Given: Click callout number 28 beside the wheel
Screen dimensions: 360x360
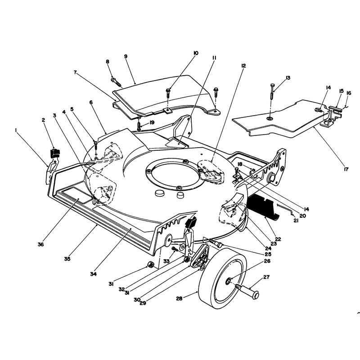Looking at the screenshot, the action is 179,299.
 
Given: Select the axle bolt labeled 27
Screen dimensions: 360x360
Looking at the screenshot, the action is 247,290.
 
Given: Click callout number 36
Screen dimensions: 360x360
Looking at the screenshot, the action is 40,244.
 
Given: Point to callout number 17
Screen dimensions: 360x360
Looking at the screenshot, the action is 346,169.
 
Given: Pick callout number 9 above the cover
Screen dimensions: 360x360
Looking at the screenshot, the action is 126,57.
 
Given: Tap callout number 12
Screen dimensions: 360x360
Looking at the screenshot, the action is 243,66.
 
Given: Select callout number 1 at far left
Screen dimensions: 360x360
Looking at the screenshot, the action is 16,130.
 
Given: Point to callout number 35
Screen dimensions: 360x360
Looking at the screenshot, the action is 67,259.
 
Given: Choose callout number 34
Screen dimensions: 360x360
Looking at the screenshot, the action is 94,274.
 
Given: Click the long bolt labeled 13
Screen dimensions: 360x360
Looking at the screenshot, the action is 272,91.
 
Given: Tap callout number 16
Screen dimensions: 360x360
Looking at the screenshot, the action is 349,93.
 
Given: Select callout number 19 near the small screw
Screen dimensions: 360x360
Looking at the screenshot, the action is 152,122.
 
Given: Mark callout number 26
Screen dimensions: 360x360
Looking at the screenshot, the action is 267,261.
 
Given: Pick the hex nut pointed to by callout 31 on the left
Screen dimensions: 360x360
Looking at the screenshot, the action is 150,265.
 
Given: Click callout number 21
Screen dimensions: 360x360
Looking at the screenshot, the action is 296,221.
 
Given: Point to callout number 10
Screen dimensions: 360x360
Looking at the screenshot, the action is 196,53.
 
